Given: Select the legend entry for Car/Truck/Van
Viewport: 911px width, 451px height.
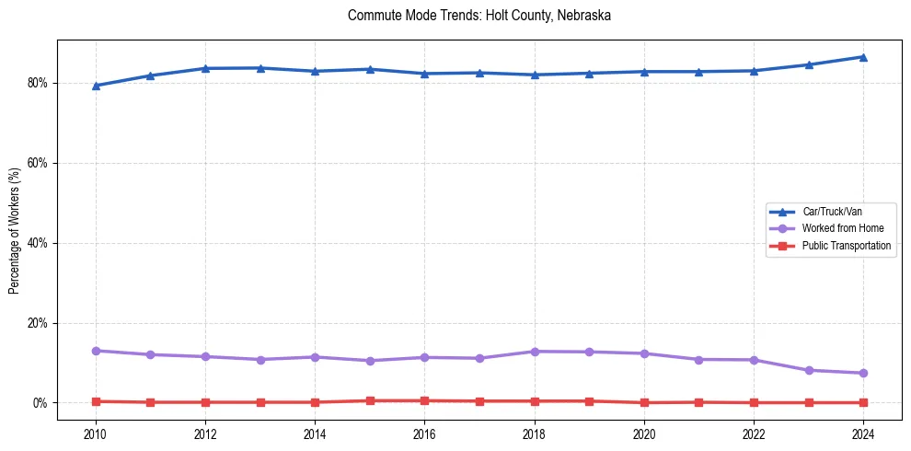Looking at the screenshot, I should (832, 212).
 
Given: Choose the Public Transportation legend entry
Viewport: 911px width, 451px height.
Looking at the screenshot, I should (846, 246).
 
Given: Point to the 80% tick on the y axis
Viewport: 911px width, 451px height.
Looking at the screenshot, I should (38, 83).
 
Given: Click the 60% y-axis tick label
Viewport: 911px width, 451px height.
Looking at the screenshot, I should (38, 163).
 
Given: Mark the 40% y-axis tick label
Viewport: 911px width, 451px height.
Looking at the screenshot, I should (38, 243).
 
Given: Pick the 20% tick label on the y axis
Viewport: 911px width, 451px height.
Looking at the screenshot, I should (38, 323).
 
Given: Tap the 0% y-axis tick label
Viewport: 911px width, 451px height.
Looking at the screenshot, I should (40, 403).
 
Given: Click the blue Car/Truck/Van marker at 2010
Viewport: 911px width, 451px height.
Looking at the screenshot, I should (96, 86).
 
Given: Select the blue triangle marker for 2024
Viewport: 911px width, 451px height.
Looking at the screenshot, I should (863, 57).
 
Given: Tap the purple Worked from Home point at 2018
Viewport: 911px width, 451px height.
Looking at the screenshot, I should (534, 352).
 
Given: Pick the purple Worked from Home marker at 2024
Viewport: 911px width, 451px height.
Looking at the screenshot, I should (863, 373).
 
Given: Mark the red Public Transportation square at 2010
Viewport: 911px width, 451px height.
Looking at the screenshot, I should (96, 401).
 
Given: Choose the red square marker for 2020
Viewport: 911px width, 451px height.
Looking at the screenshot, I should (644, 402).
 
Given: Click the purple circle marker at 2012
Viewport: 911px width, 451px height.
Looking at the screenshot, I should (205, 356).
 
